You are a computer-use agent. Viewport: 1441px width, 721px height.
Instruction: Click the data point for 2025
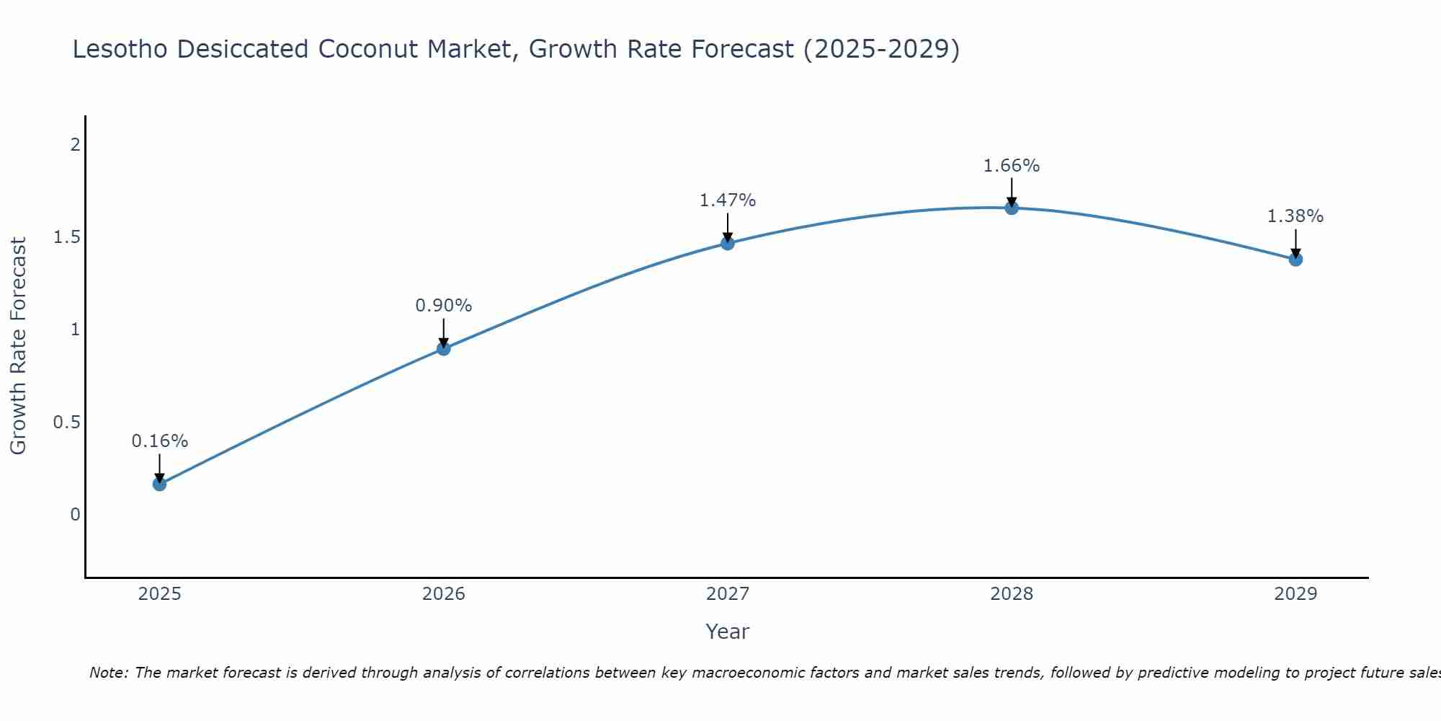point(159,484)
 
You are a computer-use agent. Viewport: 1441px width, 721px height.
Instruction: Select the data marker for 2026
point(443,349)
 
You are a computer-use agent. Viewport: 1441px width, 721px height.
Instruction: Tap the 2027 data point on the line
point(727,243)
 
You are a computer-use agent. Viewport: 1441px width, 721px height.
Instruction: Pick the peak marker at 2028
point(1011,208)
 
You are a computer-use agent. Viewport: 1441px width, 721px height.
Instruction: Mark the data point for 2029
point(1295,259)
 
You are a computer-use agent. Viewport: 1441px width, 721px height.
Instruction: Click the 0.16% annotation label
point(159,441)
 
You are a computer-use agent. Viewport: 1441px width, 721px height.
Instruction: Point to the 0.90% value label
point(443,306)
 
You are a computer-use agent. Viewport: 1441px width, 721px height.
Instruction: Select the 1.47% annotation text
point(727,200)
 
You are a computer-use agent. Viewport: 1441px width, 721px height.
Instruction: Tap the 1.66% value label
point(1011,166)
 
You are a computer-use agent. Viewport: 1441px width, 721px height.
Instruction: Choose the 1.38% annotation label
point(1295,216)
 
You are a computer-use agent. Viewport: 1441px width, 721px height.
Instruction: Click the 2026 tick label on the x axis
point(443,594)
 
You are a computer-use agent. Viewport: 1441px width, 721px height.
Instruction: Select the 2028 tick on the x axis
point(1011,594)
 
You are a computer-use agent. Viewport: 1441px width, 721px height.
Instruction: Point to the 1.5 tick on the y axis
point(66,237)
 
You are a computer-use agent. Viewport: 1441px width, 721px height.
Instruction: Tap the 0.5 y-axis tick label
point(66,423)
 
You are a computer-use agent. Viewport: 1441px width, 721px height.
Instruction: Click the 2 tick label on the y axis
point(75,145)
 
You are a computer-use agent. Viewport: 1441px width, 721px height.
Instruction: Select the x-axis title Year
point(727,632)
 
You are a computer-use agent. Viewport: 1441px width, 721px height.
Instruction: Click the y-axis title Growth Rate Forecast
point(18,346)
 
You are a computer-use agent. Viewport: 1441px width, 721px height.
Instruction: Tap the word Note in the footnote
point(108,673)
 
